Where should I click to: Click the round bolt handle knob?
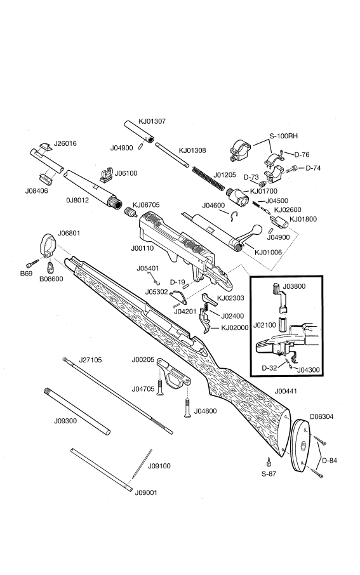[x=257, y=228]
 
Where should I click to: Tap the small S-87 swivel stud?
[x=269, y=461]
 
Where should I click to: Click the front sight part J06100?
[x=107, y=174]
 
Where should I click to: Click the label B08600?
[x=51, y=279]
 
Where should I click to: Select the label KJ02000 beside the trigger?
[x=235, y=327]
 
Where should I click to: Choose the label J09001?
[x=147, y=492]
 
